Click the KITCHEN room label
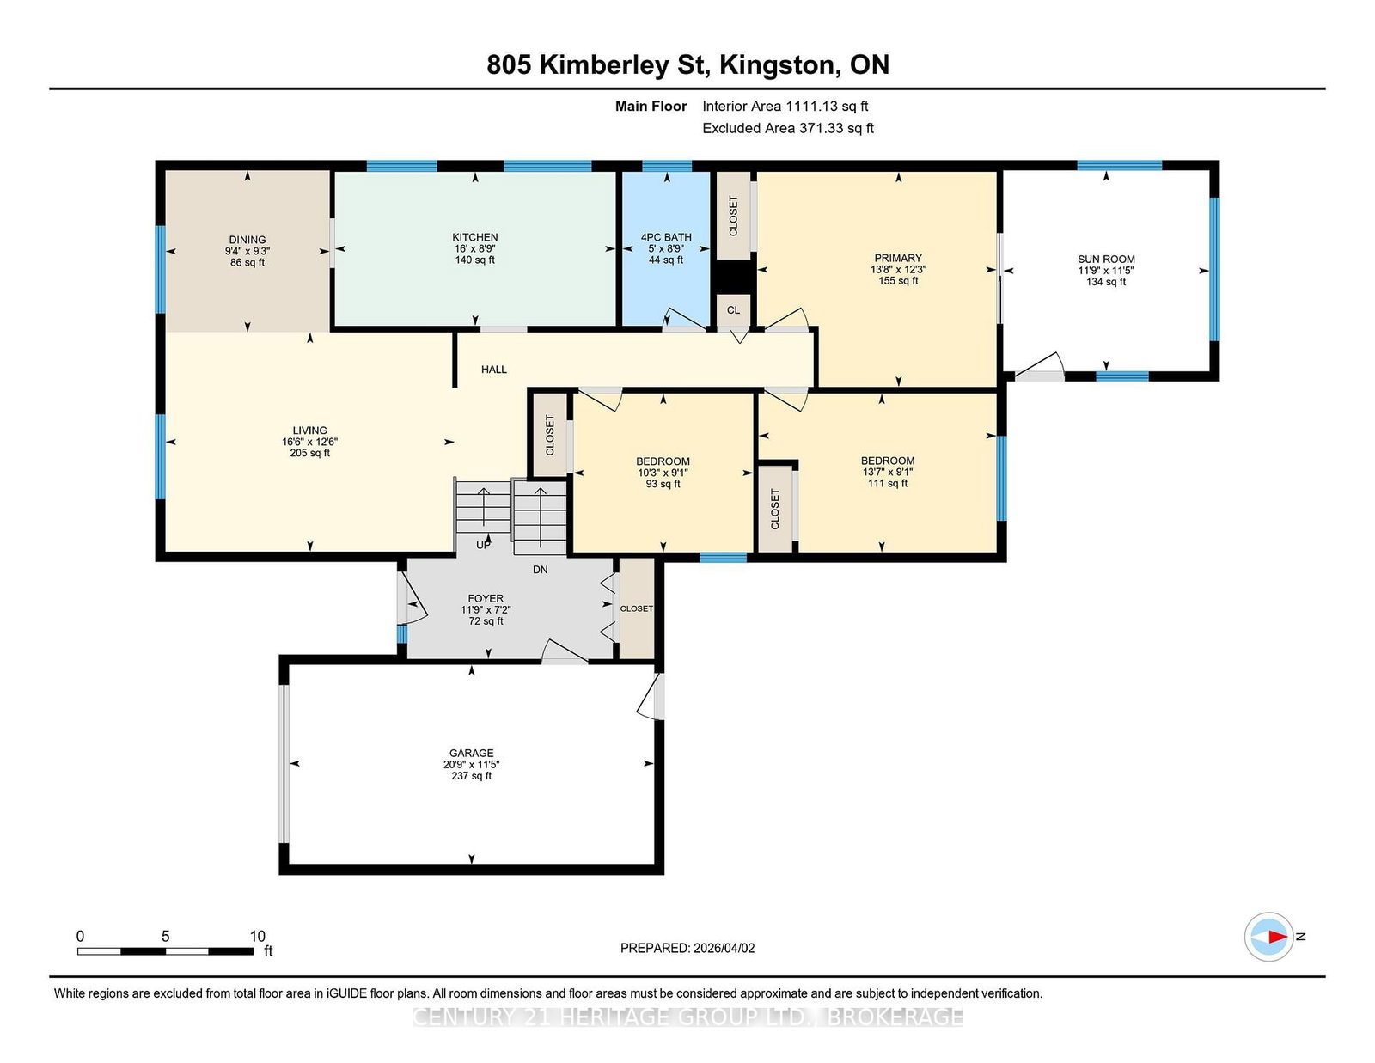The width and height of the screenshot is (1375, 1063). pyautogui.click(x=474, y=237)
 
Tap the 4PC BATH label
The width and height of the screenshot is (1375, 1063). pyautogui.click(x=666, y=237)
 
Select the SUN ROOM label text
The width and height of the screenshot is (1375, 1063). pyautogui.click(x=1106, y=259)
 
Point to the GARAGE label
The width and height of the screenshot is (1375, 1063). pyautogui.click(x=472, y=753)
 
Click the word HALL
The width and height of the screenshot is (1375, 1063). pyautogui.click(x=494, y=370)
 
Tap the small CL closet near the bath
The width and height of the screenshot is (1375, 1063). pyautogui.click(x=733, y=310)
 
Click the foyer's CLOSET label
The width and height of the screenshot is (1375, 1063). pyautogui.click(x=637, y=608)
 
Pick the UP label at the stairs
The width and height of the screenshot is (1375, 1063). pyautogui.click(x=483, y=545)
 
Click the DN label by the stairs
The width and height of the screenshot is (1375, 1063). pyautogui.click(x=541, y=570)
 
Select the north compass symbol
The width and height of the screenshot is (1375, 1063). pyautogui.click(x=1268, y=937)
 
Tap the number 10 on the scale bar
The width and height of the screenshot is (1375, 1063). pyautogui.click(x=258, y=937)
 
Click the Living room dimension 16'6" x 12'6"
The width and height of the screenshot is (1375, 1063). pyautogui.click(x=310, y=442)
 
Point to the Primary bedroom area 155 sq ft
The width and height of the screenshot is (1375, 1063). pyautogui.click(x=898, y=280)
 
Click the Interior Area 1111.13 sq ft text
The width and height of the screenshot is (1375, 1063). pyautogui.click(x=785, y=107)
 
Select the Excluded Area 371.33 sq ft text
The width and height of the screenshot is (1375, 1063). pyautogui.click(x=788, y=128)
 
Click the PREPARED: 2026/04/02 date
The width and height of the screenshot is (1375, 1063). pyautogui.click(x=687, y=948)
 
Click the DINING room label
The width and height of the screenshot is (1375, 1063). pyautogui.click(x=247, y=240)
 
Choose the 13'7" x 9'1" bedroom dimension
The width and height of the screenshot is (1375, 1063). pyautogui.click(x=888, y=472)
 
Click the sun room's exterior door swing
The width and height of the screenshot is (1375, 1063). pyautogui.click(x=1039, y=366)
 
